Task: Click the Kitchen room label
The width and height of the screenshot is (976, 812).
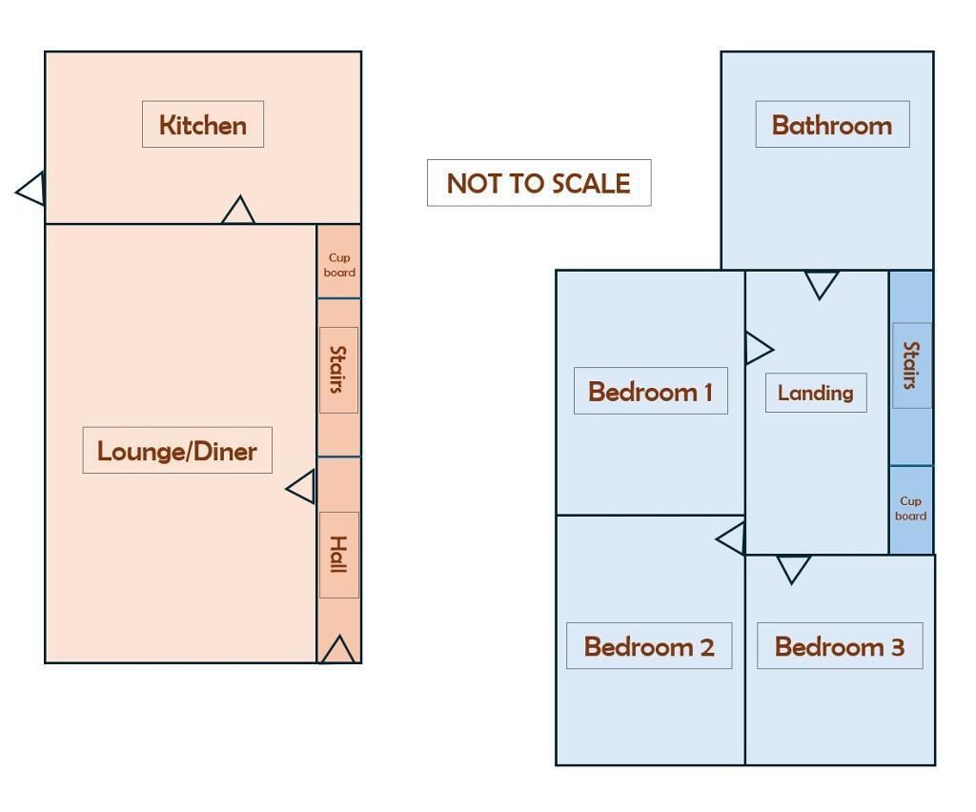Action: tap(203, 125)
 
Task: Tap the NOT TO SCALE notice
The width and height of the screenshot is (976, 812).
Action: tap(539, 183)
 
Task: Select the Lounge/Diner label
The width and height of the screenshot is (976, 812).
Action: tap(177, 451)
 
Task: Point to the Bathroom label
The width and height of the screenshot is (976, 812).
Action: tap(832, 125)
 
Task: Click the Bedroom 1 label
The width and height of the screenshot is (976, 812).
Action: tap(650, 391)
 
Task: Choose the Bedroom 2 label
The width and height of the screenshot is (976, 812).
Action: tap(649, 646)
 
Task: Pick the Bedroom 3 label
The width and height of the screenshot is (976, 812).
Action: tap(840, 646)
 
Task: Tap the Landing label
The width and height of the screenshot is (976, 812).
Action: tap(816, 393)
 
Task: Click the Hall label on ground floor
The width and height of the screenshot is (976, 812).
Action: tap(339, 555)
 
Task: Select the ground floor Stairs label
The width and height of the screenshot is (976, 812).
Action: tap(338, 370)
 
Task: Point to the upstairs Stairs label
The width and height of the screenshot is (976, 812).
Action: tap(912, 365)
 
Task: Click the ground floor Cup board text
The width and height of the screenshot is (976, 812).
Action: tap(339, 264)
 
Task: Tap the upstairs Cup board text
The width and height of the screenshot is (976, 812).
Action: tap(910, 508)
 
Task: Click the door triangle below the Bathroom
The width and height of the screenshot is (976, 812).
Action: tap(822, 282)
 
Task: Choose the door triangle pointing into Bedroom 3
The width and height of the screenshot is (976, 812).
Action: tap(794, 567)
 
